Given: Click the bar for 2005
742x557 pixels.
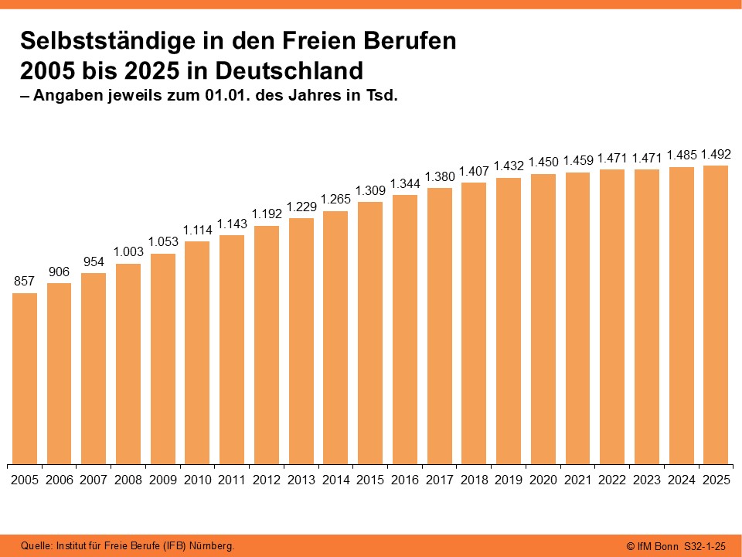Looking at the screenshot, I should pyautogui.click(x=25, y=379).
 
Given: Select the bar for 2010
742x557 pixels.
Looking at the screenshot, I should pyautogui.click(x=197, y=353).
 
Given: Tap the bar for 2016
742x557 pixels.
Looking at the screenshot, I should pyautogui.click(x=404, y=330).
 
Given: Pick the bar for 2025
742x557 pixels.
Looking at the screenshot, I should pyautogui.click(x=715, y=315).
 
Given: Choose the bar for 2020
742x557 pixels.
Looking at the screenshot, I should pyautogui.click(x=543, y=319).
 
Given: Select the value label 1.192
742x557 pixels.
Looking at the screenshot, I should pyautogui.click(x=267, y=214).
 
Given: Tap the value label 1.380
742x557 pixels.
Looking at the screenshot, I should pyautogui.click(x=439, y=177).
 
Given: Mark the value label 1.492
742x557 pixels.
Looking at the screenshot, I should pyautogui.click(x=715, y=154).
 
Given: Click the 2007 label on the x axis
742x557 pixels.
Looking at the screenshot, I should pyautogui.click(x=94, y=480).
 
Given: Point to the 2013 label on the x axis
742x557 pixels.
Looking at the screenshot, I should pyautogui.click(x=301, y=480).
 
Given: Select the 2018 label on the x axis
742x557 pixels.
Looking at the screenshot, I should pyautogui.click(x=474, y=480).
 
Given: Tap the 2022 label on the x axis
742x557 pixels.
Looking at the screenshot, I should pyautogui.click(x=611, y=480).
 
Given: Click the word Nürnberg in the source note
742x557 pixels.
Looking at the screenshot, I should pyautogui.click(x=211, y=546).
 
